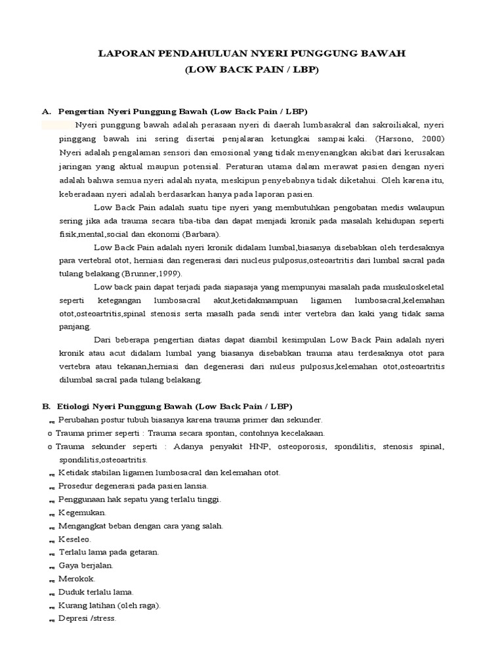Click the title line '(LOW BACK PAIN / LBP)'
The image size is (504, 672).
pyautogui.click(x=251, y=69)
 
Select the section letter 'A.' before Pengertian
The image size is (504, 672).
pyautogui.click(x=47, y=111)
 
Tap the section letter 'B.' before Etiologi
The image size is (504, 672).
pyautogui.click(x=47, y=406)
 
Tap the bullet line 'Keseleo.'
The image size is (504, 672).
pyautogui.click(x=75, y=539)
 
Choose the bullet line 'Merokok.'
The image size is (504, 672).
pyautogui.click(x=77, y=578)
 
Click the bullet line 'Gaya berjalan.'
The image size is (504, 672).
pyautogui.click(x=86, y=565)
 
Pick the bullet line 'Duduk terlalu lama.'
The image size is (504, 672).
pyautogui.click(x=96, y=591)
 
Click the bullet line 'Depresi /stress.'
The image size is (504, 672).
pyautogui.click(x=87, y=618)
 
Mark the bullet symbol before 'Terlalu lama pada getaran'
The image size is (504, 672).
pyautogui.click(x=51, y=553)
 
